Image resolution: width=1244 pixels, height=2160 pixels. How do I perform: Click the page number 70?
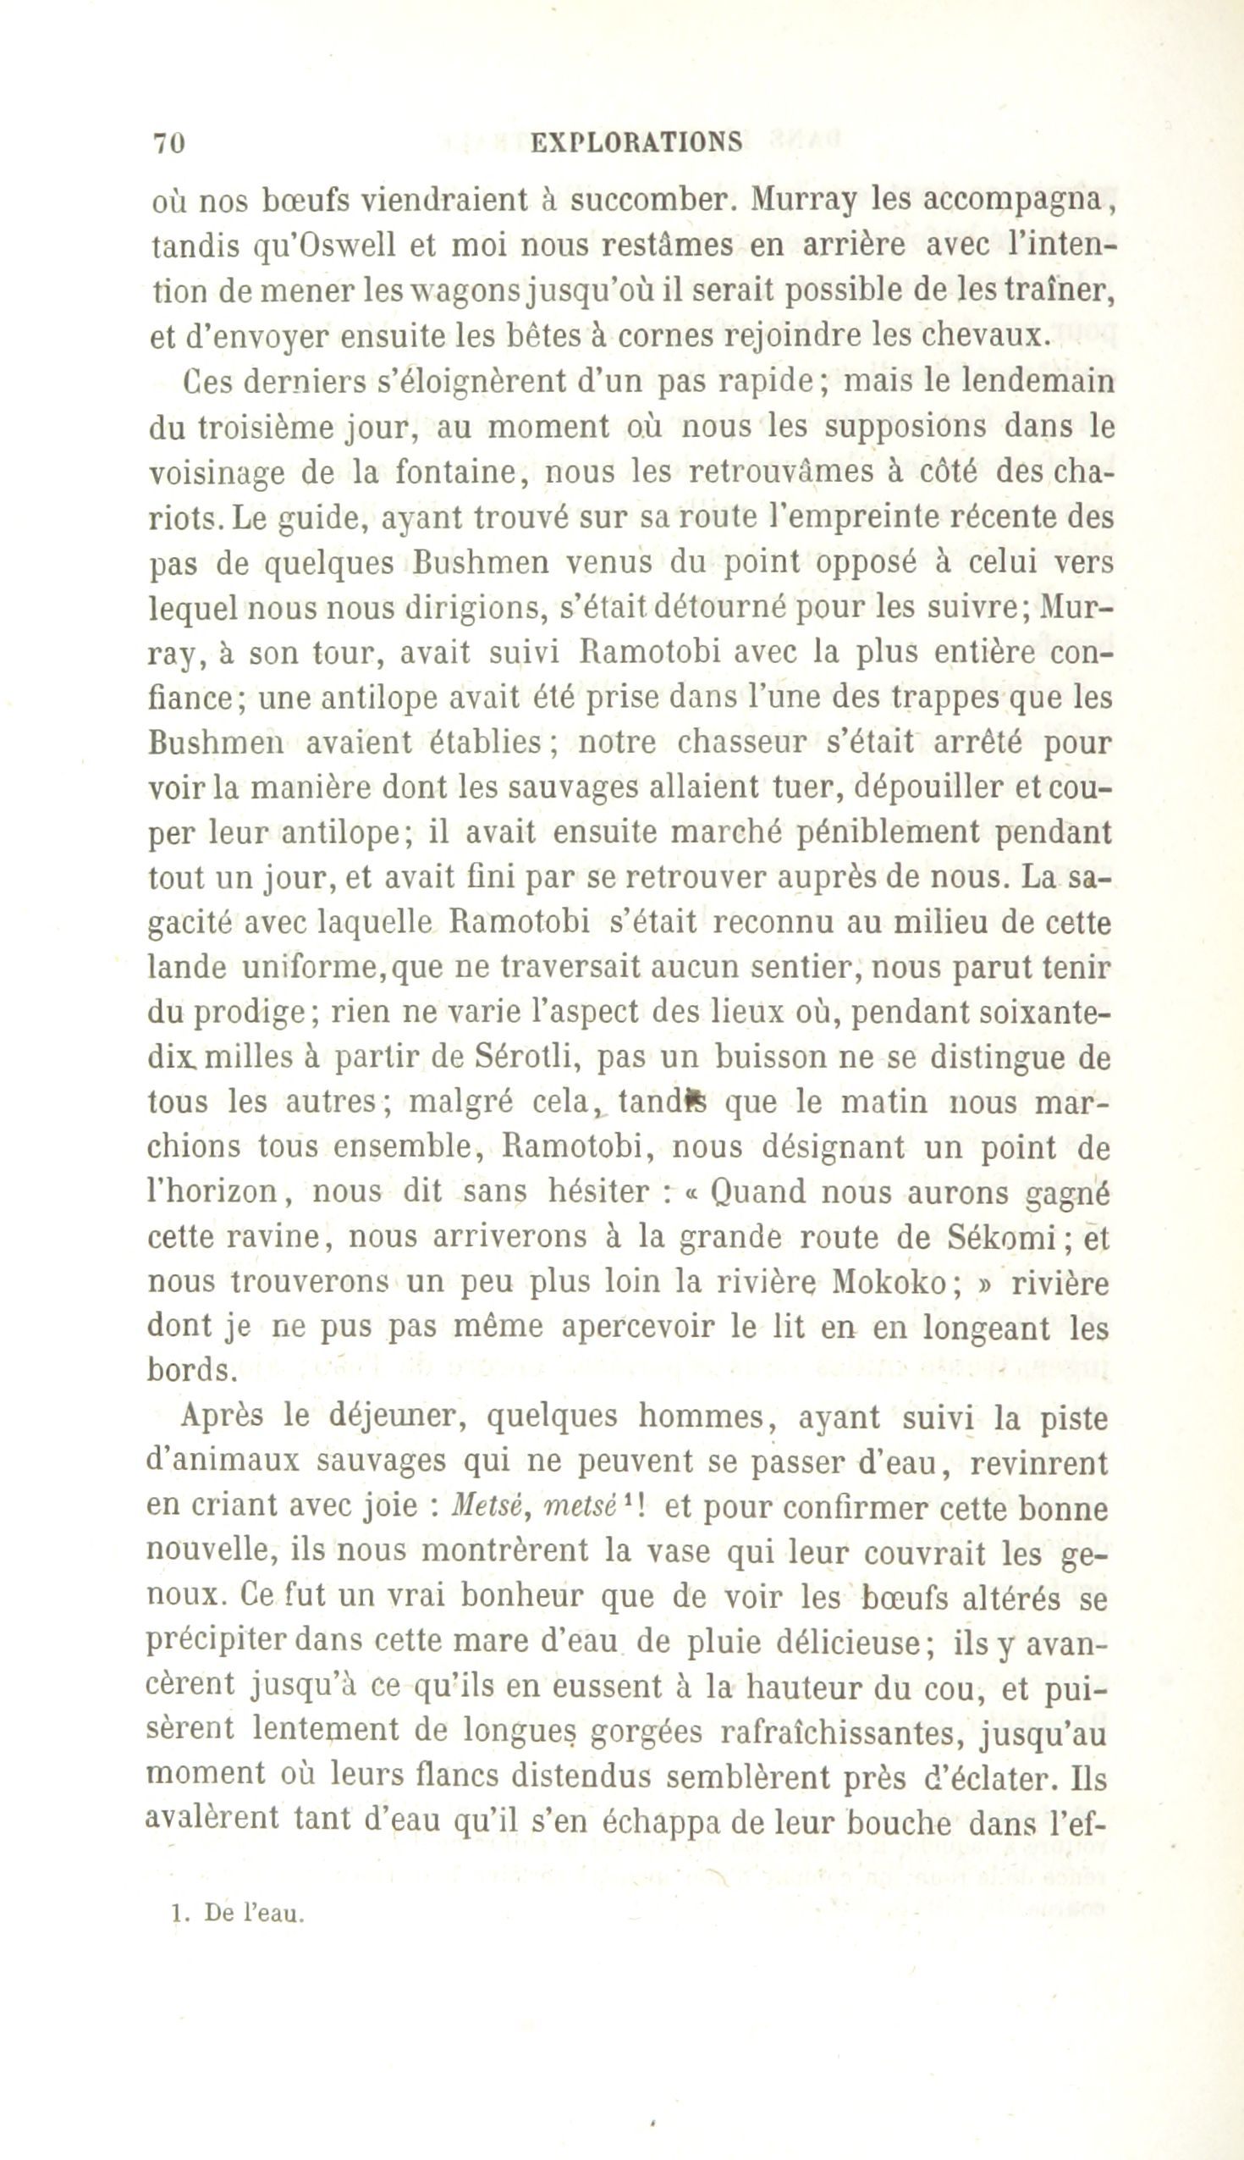pyautogui.click(x=168, y=143)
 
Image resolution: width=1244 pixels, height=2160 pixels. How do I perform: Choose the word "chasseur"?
pyautogui.click(x=735, y=743)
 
